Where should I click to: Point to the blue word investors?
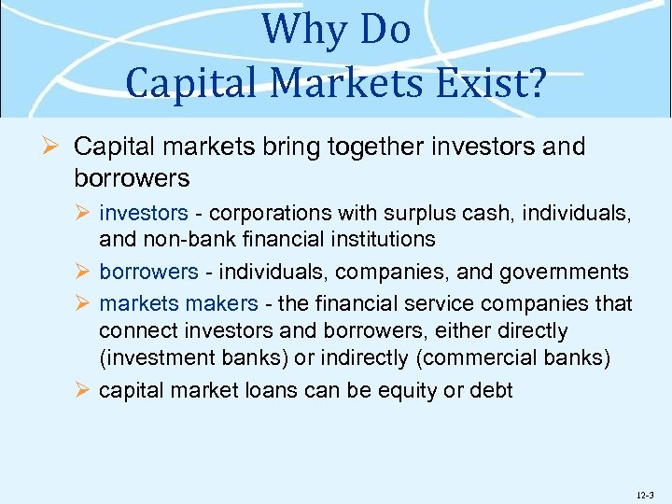144,214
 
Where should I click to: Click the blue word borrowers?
148,272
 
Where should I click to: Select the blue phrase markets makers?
178,303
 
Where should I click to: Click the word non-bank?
179,239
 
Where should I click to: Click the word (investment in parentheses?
155,357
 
